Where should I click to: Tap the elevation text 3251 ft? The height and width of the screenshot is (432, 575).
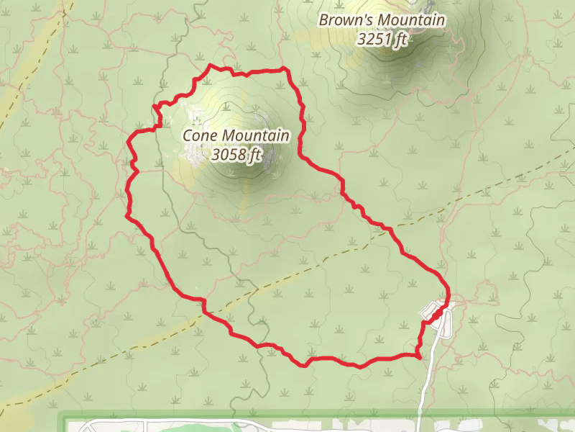382,39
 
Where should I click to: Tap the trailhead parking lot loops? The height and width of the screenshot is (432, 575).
436,312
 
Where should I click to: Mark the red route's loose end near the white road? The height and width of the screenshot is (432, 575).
419,355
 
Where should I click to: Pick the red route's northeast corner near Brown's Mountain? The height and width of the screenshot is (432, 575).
286,69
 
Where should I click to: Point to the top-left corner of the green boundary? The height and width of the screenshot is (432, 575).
60,415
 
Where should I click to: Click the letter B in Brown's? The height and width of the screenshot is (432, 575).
323,21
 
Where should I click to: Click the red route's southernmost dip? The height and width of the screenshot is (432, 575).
306,365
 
